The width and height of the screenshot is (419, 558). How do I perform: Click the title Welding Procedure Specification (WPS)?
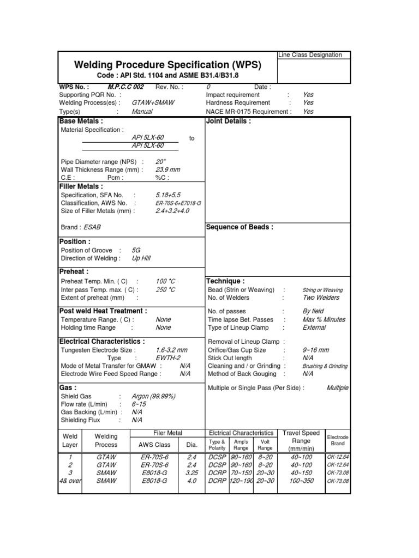(167, 65)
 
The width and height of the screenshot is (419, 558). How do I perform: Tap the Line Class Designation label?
(310, 55)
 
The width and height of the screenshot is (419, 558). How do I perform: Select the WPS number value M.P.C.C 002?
(125, 87)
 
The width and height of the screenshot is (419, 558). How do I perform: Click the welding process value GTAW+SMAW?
(150, 102)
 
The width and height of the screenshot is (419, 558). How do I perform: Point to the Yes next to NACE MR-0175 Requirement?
(308, 111)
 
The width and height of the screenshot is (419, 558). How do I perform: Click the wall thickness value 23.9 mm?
(167, 169)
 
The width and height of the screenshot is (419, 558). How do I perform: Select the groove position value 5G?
(136, 250)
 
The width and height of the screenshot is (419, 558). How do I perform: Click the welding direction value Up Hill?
(141, 258)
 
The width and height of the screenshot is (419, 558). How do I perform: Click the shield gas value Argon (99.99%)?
(153, 396)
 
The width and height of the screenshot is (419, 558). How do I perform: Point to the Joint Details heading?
(228, 122)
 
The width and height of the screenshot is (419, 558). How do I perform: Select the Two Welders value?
(321, 298)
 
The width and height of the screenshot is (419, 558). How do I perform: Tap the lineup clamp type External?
(314, 327)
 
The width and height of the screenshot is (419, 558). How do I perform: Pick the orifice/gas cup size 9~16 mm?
(315, 350)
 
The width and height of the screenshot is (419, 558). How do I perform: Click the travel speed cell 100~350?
(301, 481)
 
